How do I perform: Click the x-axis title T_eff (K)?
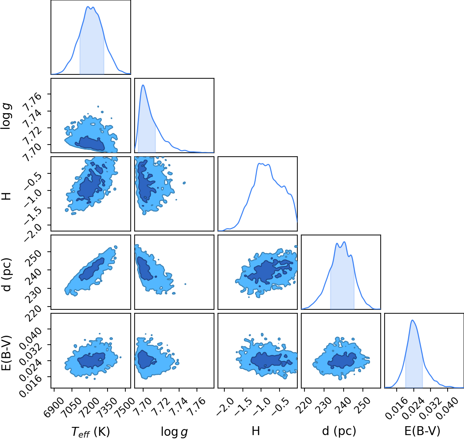pos(91,432)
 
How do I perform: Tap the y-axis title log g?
pos(6,116)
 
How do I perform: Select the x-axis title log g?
pos(174,432)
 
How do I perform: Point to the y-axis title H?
pos(6,196)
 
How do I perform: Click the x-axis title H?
pos(256,431)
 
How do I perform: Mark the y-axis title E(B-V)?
pos(6,353)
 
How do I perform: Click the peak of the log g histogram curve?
pos(143,85)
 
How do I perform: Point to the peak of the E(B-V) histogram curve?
pos(412,320)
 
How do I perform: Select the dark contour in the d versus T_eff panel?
pos(92,269)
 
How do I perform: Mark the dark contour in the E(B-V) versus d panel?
pos(342,360)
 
